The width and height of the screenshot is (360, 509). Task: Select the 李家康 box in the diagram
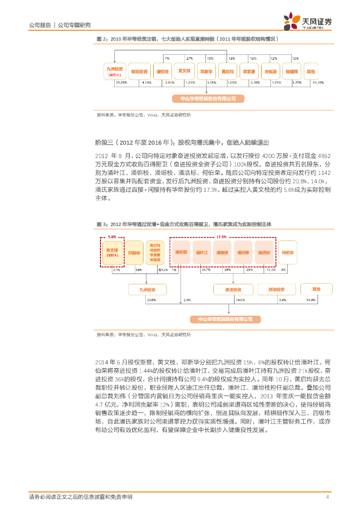tap(249, 71)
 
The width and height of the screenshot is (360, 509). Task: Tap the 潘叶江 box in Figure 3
tap(201, 253)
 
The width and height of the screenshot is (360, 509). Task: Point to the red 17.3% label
tap(222, 237)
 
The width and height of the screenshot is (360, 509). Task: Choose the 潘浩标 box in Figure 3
tap(264, 253)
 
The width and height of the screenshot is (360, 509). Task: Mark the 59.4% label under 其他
tap(311, 300)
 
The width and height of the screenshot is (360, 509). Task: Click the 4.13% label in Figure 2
tap(146, 82)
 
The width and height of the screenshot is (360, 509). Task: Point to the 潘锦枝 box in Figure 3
tap(222, 253)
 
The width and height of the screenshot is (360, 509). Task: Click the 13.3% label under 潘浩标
tap(271, 270)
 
